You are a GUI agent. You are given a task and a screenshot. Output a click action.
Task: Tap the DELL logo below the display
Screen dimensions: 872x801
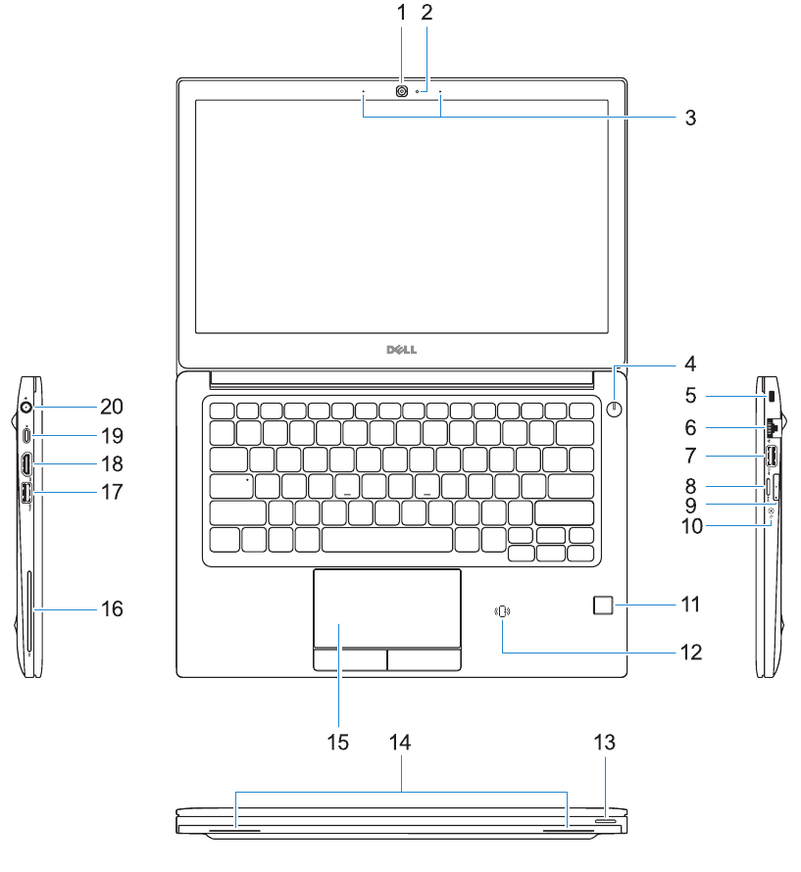(x=402, y=350)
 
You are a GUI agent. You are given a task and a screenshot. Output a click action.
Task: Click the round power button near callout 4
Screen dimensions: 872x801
(x=616, y=410)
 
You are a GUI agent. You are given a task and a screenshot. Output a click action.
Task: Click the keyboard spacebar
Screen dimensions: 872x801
(x=387, y=539)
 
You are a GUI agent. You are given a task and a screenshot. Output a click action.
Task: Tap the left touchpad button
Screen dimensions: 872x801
(x=350, y=658)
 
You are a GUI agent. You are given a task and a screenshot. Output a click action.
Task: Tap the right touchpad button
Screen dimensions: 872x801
(x=424, y=658)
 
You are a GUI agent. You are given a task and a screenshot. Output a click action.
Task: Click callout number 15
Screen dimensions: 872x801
(x=338, y=742)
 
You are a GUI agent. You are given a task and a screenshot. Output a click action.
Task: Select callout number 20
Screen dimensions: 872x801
(x=111, y=406)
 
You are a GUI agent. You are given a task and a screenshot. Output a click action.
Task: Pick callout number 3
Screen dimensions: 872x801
(x=690, y=119)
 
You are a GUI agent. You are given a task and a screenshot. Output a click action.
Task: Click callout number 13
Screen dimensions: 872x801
(x=606, y=743)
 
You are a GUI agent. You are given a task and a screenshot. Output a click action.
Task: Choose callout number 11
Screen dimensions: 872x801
(x=690, y=605)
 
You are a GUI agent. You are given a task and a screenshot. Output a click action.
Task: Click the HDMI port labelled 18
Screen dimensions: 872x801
(x=27, y=462)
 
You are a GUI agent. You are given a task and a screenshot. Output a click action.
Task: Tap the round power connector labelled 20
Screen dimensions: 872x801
(x=26, y=406)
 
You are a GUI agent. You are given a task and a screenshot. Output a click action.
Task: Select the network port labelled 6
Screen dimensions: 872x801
(x=772, y=427)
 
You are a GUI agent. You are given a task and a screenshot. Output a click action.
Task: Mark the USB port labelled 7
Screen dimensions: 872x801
(x=771, y=457)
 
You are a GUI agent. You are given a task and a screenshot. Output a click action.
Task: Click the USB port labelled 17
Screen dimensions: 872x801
(x=26, y=494)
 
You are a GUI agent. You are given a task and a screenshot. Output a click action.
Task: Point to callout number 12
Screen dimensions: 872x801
(x=690, y=651)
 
